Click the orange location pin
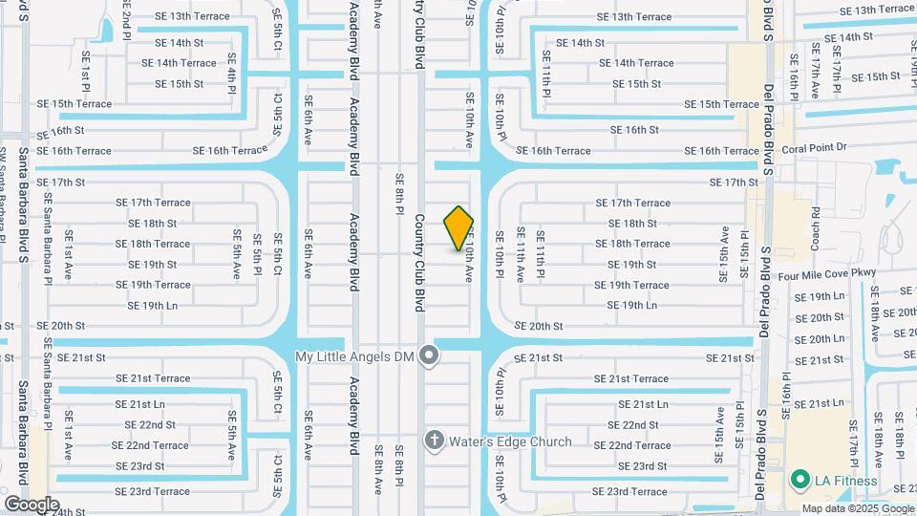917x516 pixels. click(x=459, y=228)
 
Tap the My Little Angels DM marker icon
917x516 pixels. click(x=430, y=356)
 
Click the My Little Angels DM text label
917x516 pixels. click(x=357, y=356)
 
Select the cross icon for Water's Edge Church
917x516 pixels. click(x=434, y=441)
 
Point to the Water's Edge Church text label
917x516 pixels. click(x=509, y=441)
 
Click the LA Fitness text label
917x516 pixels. click(x=845, y=479)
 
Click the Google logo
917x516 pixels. click(x=32, y=504)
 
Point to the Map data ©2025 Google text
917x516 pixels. click(x=857, y=508)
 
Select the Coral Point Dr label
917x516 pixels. click(x=815, y=147)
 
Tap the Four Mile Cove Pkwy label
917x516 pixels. click(x=827, y=274)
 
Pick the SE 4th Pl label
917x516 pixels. click(x=232, y=70)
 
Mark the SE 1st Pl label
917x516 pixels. click(x=85, y=68)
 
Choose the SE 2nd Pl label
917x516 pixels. click(x=126, y=14)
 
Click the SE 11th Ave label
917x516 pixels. click(x=521, y=254)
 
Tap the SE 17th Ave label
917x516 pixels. click(x=815, y=70)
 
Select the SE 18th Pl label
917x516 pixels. click(x=899, y=429)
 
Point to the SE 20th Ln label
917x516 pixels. click(x=821, y=339)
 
